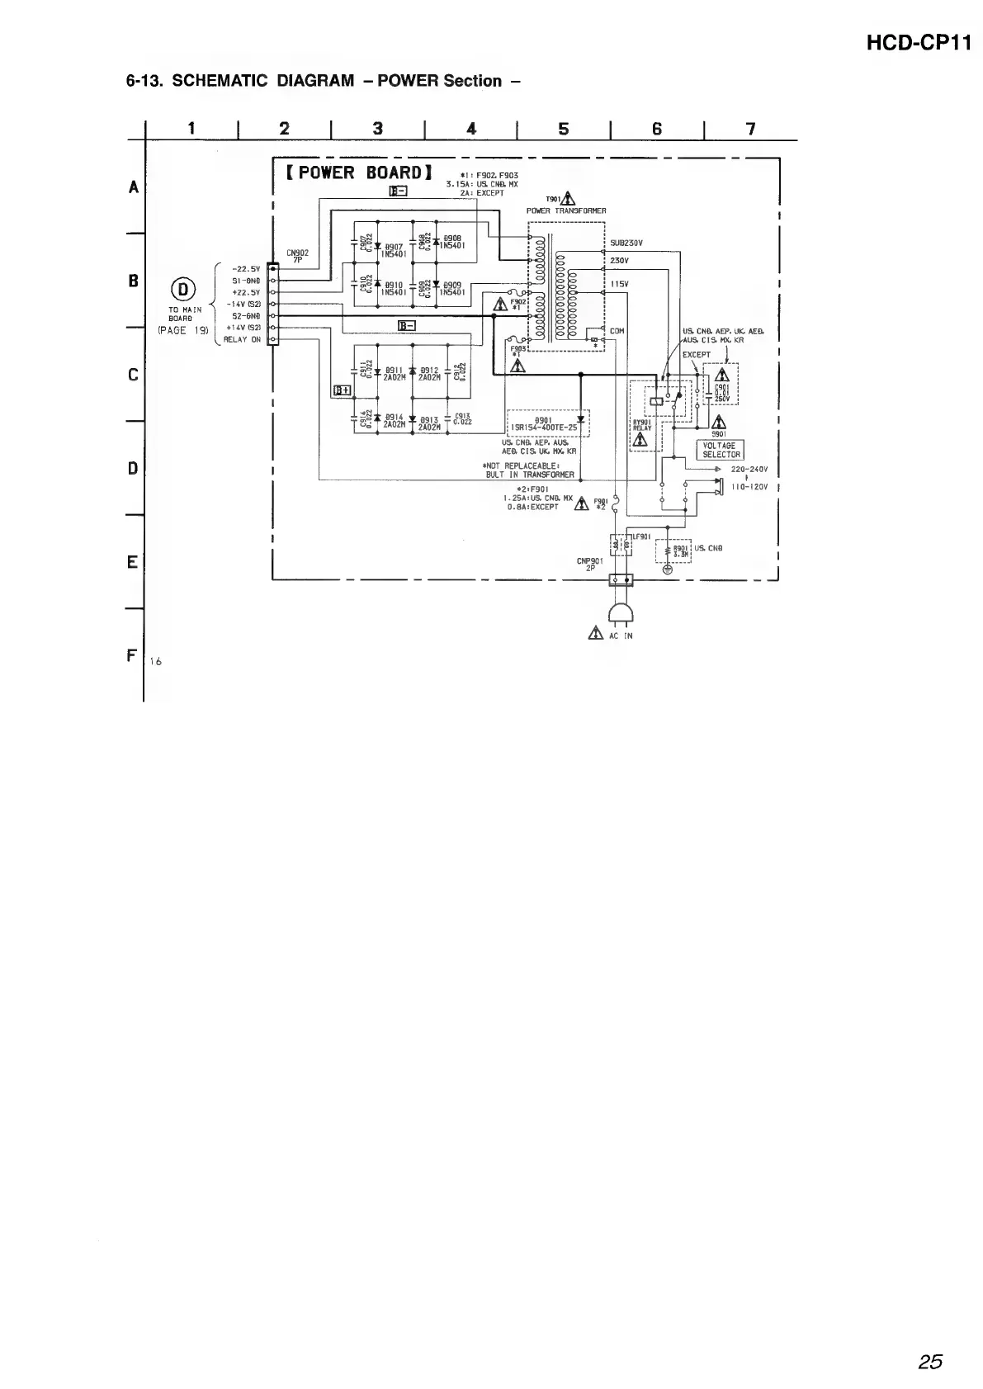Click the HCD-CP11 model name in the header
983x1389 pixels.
click(x=919, y=44)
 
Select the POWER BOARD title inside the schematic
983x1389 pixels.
click(x=359, y=173)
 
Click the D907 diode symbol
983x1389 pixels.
click(x=377, y=245)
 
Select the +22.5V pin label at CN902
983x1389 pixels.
click(x=246, y=292)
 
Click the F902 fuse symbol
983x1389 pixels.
click(x=513, y=293)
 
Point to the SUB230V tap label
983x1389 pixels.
click(x=626, y=243)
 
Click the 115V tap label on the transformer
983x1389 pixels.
click(x=620, y=283)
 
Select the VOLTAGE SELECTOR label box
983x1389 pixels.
click(x=720, y=450)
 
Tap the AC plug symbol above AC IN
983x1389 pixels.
click(x=620, y=612)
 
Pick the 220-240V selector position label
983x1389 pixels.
click(x=749, y=470)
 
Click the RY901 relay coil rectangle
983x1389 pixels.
click(x=656, y=401)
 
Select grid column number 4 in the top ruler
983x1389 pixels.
click(x=471, y=128)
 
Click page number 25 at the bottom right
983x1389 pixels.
click(x=930, y=1362)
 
